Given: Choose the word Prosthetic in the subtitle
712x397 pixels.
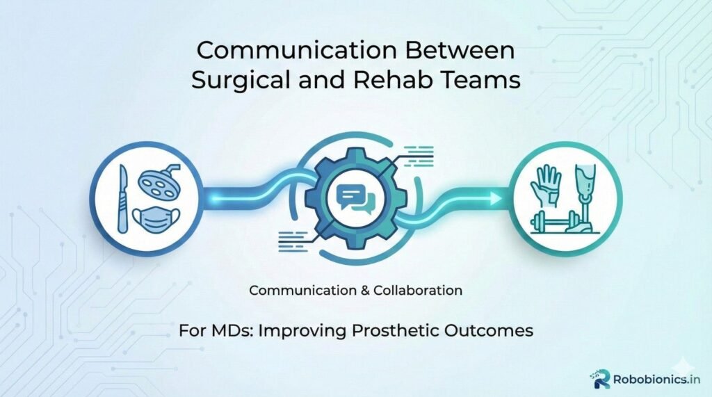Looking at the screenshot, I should pyautogui.click(x=403, y=330).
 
